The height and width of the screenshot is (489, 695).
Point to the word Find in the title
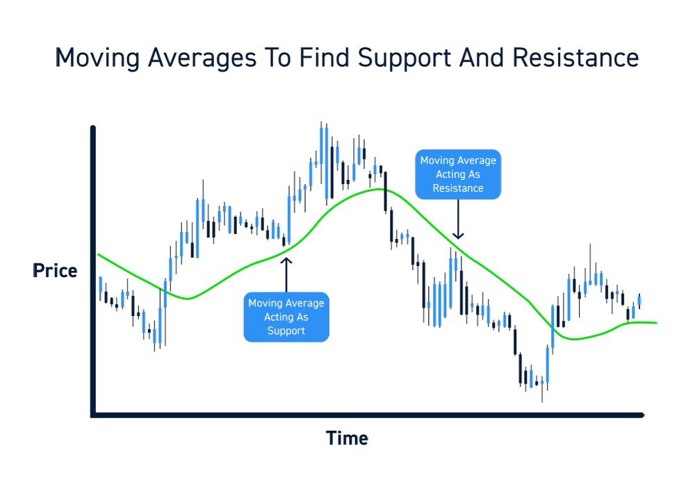(x=325, y=58)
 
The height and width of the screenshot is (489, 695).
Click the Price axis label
(x=56, y=271)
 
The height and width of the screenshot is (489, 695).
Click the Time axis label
(x=347, y=438)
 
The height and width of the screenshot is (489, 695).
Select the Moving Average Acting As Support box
(x=286, y=317)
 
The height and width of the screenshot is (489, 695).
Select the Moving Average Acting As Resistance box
(x=458, y=174)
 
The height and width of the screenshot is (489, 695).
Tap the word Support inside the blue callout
(x=286, y=331)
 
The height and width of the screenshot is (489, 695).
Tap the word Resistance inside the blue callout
(x=458, y=188)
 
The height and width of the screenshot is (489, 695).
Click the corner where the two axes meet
(x=93, y=415)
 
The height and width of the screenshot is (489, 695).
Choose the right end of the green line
(x=656, y=323)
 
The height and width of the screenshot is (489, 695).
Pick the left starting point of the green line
(x=98, y=255)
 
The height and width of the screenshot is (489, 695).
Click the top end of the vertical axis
(x=93, y=128)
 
